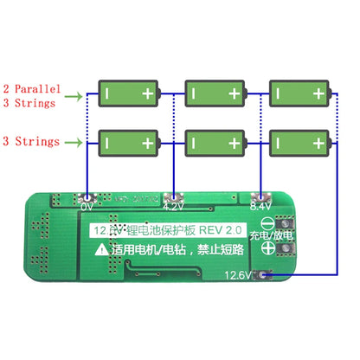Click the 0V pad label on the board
pyautogui.click(x=86, y=208)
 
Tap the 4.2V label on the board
pyautogui.click(x=174, y=208)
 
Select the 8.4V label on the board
pyautogui.click(x=258, y=208)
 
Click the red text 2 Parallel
pyautogui.click(x=30, y=88)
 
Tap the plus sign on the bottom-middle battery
pyautogui.click(x=234, y=141)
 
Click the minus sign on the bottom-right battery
pyautogui.click(x=275, y=141)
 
